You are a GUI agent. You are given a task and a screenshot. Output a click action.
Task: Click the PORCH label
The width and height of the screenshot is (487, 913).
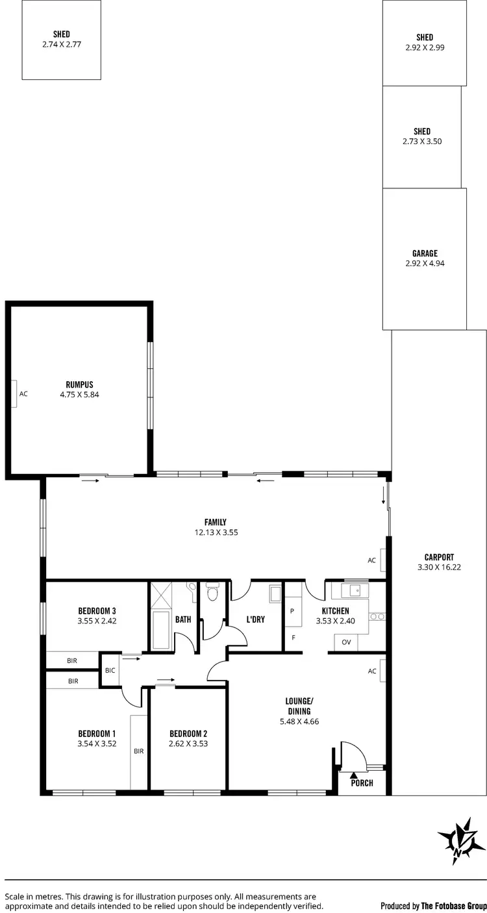pos(362,782)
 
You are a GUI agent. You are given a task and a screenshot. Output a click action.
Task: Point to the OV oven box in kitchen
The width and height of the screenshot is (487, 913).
pos(345,643)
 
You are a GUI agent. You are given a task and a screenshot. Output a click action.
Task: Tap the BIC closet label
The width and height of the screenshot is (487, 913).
pos(108,670)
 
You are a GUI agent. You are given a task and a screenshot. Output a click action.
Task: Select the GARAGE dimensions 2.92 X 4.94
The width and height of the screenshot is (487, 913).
pos(424,264)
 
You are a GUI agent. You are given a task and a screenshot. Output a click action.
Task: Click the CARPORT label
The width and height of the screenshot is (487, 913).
pos(439,557)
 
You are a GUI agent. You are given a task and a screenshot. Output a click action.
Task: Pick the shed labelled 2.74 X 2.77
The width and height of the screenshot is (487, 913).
pos(62,40)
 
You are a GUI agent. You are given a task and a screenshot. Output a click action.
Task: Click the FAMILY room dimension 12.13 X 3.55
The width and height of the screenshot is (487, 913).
pos(215,532)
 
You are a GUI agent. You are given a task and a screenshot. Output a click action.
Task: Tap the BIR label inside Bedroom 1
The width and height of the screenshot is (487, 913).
pos(138,751)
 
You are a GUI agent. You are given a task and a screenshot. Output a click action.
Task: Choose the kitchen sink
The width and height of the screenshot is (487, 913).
pos(355,590)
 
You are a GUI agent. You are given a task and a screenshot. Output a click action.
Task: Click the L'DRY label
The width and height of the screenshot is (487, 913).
pos(256,619)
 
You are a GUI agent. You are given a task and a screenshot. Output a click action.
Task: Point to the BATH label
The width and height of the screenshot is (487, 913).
pos(183,619)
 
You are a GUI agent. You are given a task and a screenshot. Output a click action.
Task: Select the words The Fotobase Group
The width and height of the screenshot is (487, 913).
pos(454,905)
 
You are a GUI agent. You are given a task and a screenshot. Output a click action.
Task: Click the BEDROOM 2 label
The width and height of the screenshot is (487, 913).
pos(188,734)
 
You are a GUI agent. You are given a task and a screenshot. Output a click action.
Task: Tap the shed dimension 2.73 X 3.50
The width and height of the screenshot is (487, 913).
pos(421,141)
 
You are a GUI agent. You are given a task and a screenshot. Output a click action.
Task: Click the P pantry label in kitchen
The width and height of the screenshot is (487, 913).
pos(292,611)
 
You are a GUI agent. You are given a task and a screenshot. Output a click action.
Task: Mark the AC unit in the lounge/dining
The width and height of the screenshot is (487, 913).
pos(382,671)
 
